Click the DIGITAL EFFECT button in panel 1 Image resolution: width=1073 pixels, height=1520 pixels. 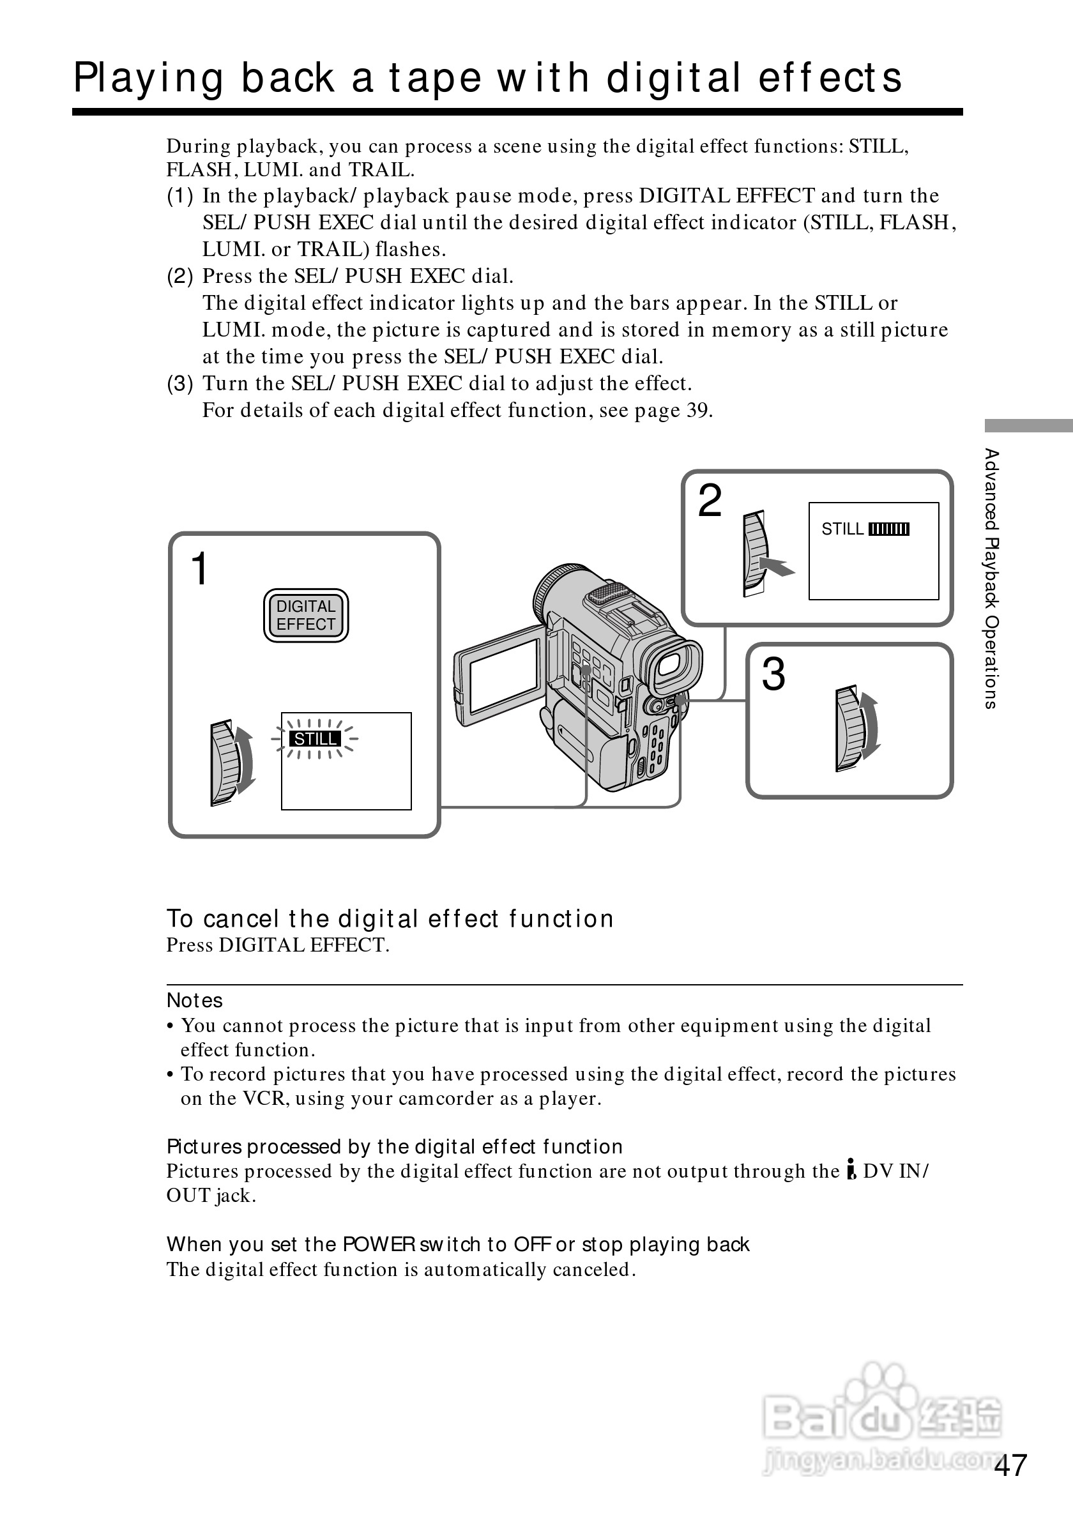point(306,615)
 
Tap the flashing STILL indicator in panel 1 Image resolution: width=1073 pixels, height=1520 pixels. point(315,738)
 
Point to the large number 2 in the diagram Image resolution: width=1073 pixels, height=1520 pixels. point(710,501)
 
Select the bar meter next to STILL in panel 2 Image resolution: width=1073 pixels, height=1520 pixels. point(888,529)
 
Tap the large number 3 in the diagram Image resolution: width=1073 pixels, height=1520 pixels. point(773,674)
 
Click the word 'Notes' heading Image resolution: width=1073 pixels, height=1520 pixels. point(195,1000)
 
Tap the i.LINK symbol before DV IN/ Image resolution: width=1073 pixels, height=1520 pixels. point(851,1171)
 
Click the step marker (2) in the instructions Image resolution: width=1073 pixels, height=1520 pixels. point(180,276)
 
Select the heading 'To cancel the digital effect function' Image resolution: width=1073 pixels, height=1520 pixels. point(390,919)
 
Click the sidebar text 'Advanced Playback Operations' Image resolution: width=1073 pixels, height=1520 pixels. point(991,578)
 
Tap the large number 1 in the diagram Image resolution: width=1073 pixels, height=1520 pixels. point(199,568)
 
